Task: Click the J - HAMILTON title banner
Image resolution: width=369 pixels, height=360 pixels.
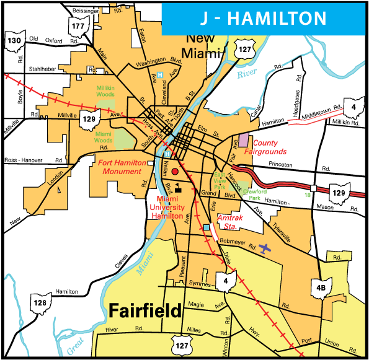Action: [x=265, y=19]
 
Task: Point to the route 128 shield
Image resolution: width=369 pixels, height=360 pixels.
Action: [x=40, y=303]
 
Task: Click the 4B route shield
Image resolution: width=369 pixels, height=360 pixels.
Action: [x=321, y=287]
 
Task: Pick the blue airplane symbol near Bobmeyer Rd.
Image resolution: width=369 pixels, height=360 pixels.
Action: [x=266, y=248]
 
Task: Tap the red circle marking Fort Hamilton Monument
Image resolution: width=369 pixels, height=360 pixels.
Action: [x=175, y=170]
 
